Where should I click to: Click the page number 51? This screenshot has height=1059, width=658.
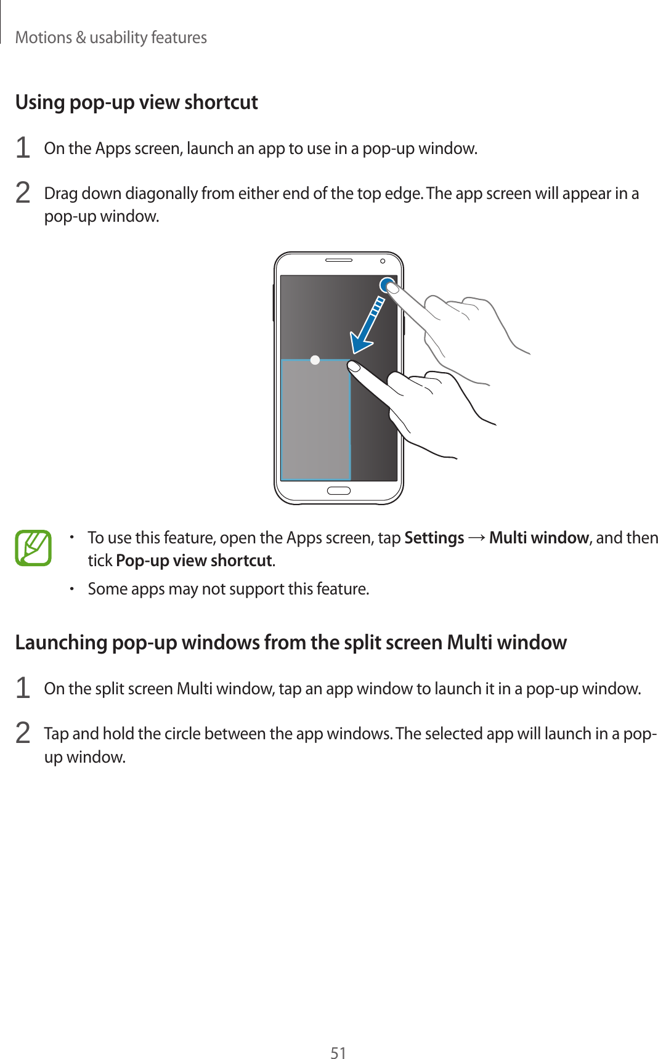[338, 1052]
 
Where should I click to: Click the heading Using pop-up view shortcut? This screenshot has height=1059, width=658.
[136, 102]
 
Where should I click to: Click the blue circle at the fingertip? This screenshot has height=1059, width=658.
[388, 285]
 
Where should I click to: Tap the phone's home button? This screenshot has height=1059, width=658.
[338, 491]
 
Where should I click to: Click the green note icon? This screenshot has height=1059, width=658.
[33, 548]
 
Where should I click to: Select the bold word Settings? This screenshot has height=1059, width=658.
[434, 538]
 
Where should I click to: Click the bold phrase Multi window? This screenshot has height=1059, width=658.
[538, 538]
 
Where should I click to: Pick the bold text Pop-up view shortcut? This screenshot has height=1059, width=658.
[194, 561]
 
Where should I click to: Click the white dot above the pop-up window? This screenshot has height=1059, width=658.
[315, 360]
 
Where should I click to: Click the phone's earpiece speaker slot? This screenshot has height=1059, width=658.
[338, 261]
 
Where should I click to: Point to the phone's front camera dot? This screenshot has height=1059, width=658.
[383, 261]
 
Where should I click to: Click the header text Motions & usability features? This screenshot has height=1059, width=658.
[111, 38]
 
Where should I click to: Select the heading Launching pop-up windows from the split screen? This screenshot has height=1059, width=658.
[290, 643]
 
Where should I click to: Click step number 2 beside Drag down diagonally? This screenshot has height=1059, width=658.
[23, 193]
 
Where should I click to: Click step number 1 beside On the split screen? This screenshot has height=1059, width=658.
[23, 688]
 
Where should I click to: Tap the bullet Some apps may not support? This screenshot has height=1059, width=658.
[228, 589]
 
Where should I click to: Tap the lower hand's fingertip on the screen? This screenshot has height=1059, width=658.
[354, 367]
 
